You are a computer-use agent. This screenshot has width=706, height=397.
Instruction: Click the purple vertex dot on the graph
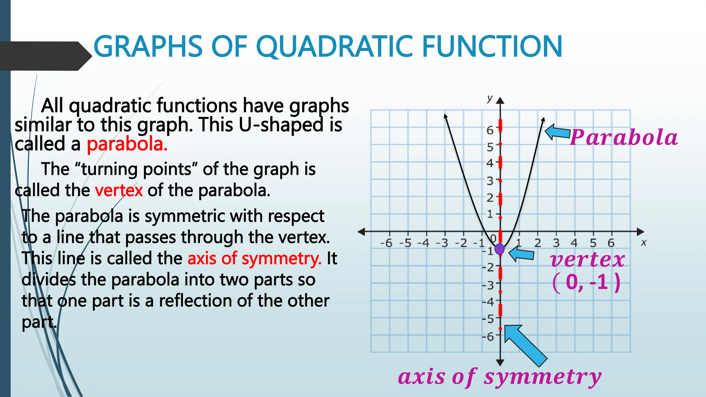coord(500,249)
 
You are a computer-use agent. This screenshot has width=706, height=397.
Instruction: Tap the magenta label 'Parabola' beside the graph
coord(623,138)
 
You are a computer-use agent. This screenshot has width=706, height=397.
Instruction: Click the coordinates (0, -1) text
coord(586,282)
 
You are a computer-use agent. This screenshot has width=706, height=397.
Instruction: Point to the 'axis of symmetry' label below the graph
coord(500,377)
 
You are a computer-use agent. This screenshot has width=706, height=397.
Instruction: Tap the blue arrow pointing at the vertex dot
coord(521,254)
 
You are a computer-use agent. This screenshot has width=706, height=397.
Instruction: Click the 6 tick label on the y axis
coord(490,130)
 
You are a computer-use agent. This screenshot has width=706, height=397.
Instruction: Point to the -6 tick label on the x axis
coord(386,243)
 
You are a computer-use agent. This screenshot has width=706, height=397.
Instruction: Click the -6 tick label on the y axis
coord(488,336)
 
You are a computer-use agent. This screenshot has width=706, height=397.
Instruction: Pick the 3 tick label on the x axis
coord(556,243)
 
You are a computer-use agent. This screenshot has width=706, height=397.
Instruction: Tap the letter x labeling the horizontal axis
coord(643,243)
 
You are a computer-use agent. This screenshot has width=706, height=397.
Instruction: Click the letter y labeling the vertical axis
coord(490,99)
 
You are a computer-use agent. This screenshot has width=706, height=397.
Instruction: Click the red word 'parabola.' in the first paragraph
coord(127,144)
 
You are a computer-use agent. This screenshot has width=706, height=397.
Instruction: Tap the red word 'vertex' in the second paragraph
coord(119,190)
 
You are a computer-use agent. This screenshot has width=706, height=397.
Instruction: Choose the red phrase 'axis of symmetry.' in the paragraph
coord(254,258)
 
